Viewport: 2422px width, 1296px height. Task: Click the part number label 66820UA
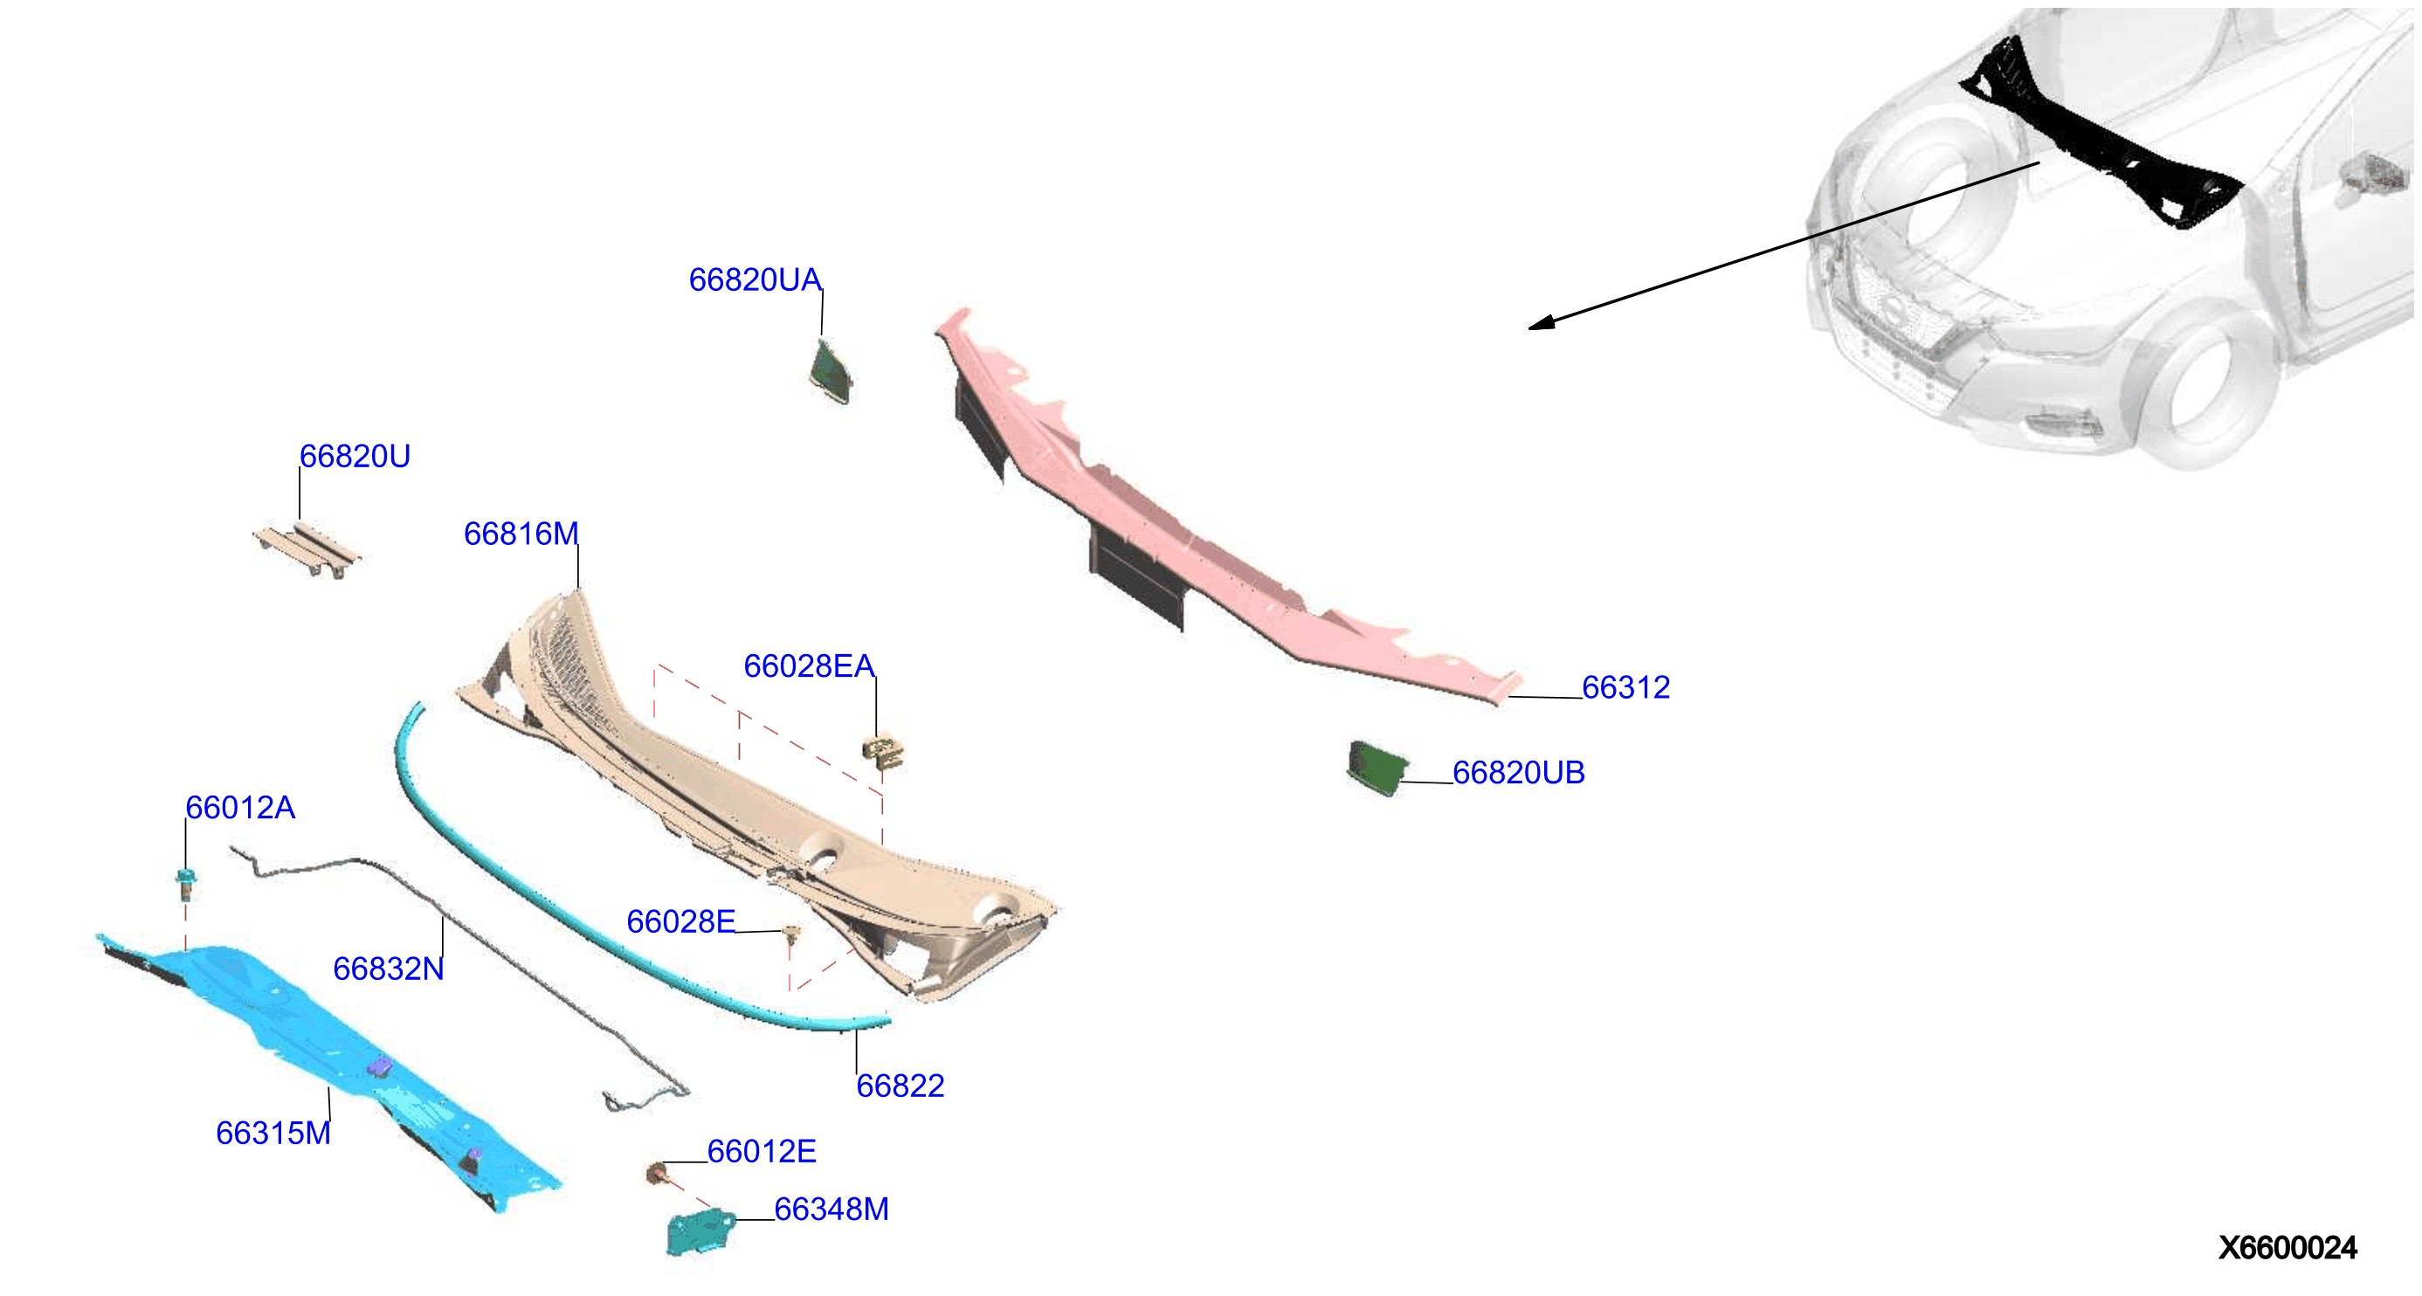(755, 280)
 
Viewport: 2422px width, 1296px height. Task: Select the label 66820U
(355, 457)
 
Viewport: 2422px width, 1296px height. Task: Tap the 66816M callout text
(521, 534)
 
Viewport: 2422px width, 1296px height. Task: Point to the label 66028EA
(809, 666)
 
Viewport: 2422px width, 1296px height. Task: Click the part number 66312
(1625, 688)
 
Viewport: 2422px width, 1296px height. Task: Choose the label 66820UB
(1519, 773)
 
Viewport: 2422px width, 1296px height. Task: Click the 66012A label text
(240, 807)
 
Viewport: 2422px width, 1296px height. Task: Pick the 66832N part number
(389, 969)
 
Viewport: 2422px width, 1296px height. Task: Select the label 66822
(900, 1086)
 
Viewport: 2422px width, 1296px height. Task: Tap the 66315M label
(273, 1134)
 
